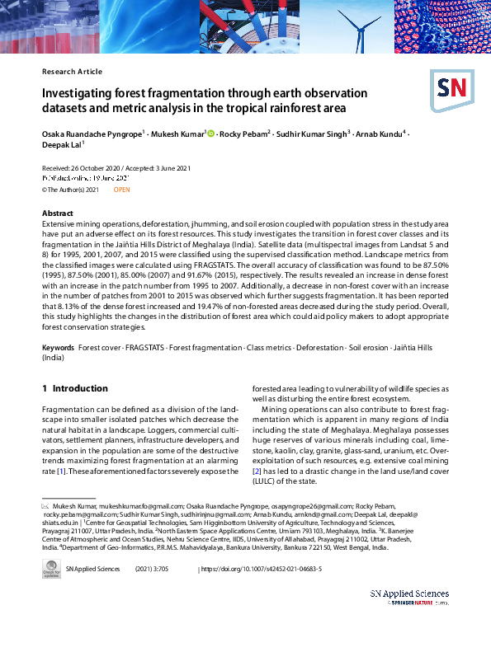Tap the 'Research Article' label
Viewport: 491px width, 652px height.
click(72, 72)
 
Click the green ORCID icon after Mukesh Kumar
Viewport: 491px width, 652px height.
click(211, 132)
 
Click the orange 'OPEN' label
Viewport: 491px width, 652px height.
click(121, 190)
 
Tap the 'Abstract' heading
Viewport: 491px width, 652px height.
click(58, 213)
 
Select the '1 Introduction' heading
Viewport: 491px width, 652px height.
click(74, 388)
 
